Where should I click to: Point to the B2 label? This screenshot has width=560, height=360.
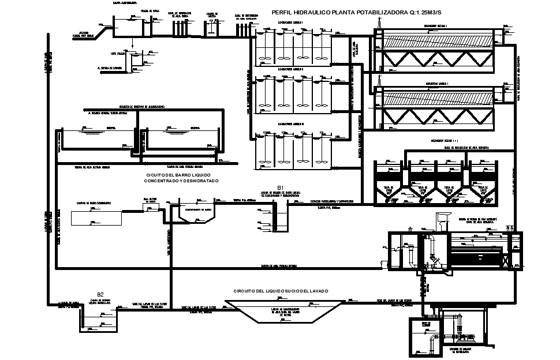coord(100,295)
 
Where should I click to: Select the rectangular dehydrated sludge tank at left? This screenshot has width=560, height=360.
coord(96,217)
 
